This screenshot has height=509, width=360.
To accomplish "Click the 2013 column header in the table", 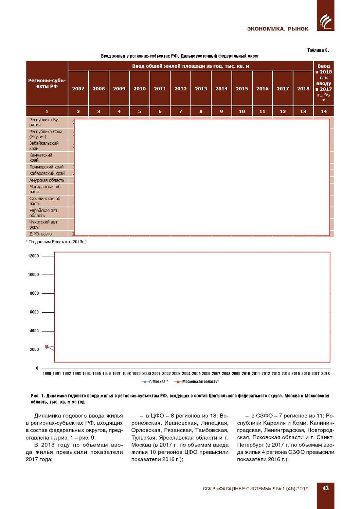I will (x=201, y=89).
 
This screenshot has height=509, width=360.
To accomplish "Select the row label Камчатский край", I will (x=41, y=158).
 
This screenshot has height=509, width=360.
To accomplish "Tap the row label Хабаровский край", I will (x=47, y=173).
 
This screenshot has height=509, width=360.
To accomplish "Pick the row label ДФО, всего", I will (x=40, y=234).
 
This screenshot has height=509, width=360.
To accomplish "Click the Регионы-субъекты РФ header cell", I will (x=47, y=83).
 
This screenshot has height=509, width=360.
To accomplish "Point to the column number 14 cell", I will (x=323, y=111).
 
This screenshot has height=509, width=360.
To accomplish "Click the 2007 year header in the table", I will (x=78, y=89).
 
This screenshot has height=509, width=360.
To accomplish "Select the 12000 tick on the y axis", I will (x=33, y=256).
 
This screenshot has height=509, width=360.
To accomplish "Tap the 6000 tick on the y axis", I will (x=34, y=312).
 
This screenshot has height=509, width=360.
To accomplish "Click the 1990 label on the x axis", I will (x=47, y=373).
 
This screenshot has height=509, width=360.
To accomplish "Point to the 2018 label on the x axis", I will (x=325, y=373).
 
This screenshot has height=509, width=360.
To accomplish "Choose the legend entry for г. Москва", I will (x=155, y=382).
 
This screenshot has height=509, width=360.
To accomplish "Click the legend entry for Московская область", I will (x=197, y=382).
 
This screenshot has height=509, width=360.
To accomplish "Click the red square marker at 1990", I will (x=47, y=347).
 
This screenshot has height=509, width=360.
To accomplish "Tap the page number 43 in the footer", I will (x=325, y=488).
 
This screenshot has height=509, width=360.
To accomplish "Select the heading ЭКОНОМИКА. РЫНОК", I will (x=278, y=29).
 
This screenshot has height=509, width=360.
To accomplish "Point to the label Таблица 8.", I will (x=318, y=50).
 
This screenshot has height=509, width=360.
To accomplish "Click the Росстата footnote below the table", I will (x=57, y=242).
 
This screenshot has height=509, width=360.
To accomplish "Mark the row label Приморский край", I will (x=46, y=167).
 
